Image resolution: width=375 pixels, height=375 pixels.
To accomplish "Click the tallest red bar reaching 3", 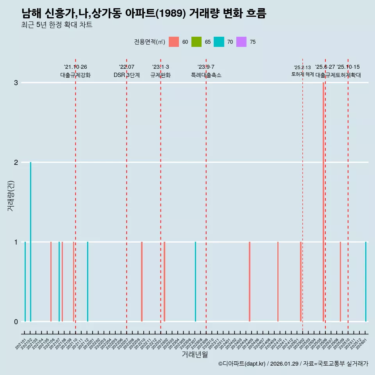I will click(323, 202).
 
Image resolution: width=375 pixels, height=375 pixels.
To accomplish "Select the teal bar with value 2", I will click(30, 242).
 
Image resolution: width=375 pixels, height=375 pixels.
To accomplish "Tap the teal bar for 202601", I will click(366, 282).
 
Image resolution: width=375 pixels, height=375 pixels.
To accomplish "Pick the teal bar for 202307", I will click(195, 282).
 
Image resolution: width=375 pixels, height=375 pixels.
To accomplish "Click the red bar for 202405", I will click(250, 282).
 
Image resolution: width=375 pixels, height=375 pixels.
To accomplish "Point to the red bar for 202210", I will click(142, 282).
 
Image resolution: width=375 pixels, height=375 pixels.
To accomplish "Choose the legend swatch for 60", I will click(174, 42).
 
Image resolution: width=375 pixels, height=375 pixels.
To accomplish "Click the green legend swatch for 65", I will click(196, 42).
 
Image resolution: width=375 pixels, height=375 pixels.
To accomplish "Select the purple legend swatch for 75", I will click(241, 42).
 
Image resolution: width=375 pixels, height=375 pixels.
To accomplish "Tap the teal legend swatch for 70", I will click(219, 42).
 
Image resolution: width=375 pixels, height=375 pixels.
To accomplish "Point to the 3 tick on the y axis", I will click(16, 83).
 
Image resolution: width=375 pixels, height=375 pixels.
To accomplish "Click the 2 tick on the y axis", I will click(16, 162).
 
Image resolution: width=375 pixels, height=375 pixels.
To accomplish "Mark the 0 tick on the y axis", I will click(16, 322).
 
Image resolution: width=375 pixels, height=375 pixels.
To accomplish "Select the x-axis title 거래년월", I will click(195, 354).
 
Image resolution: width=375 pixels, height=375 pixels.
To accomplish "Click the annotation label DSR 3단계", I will click(127, 75).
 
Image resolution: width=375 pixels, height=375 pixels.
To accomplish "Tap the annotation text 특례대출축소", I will click(206, 75).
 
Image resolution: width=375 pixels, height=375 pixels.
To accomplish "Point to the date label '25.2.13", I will click(302, 68).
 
